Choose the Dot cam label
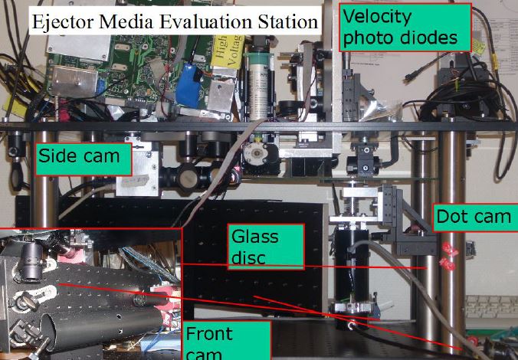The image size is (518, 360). (472, 217)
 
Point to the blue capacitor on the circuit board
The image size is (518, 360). (188, 86)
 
